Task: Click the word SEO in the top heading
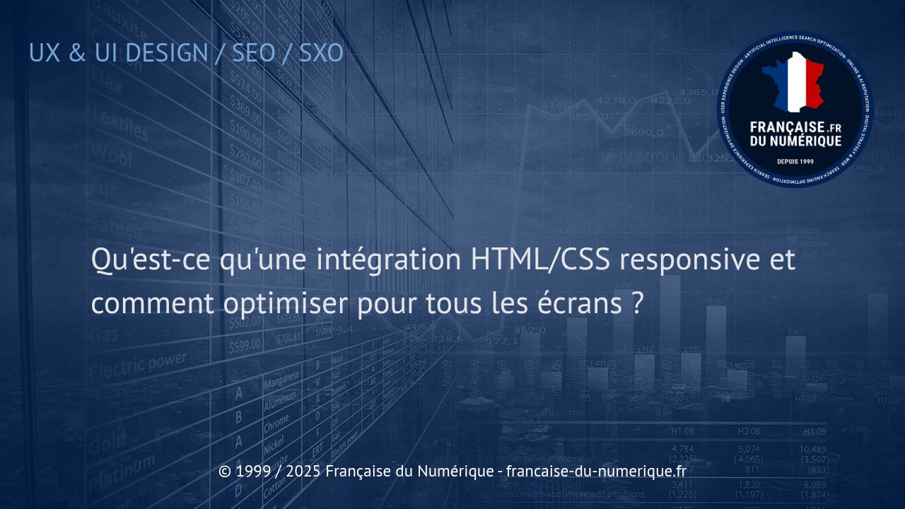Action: [x=253, y=52]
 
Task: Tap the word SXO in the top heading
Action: [x=321, y=52]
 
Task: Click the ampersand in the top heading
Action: [x=78, y=52]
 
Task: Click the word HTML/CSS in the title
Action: [x=540, y=260]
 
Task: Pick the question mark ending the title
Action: [x=636, y=304]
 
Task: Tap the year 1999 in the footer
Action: [x=253, y=471]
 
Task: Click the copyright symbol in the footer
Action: [x=225, y=471]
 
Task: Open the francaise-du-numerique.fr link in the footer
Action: [x=597, y=471]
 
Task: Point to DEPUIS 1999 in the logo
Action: [x=795, y=161]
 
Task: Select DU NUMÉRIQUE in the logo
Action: [x=795, y=141]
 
